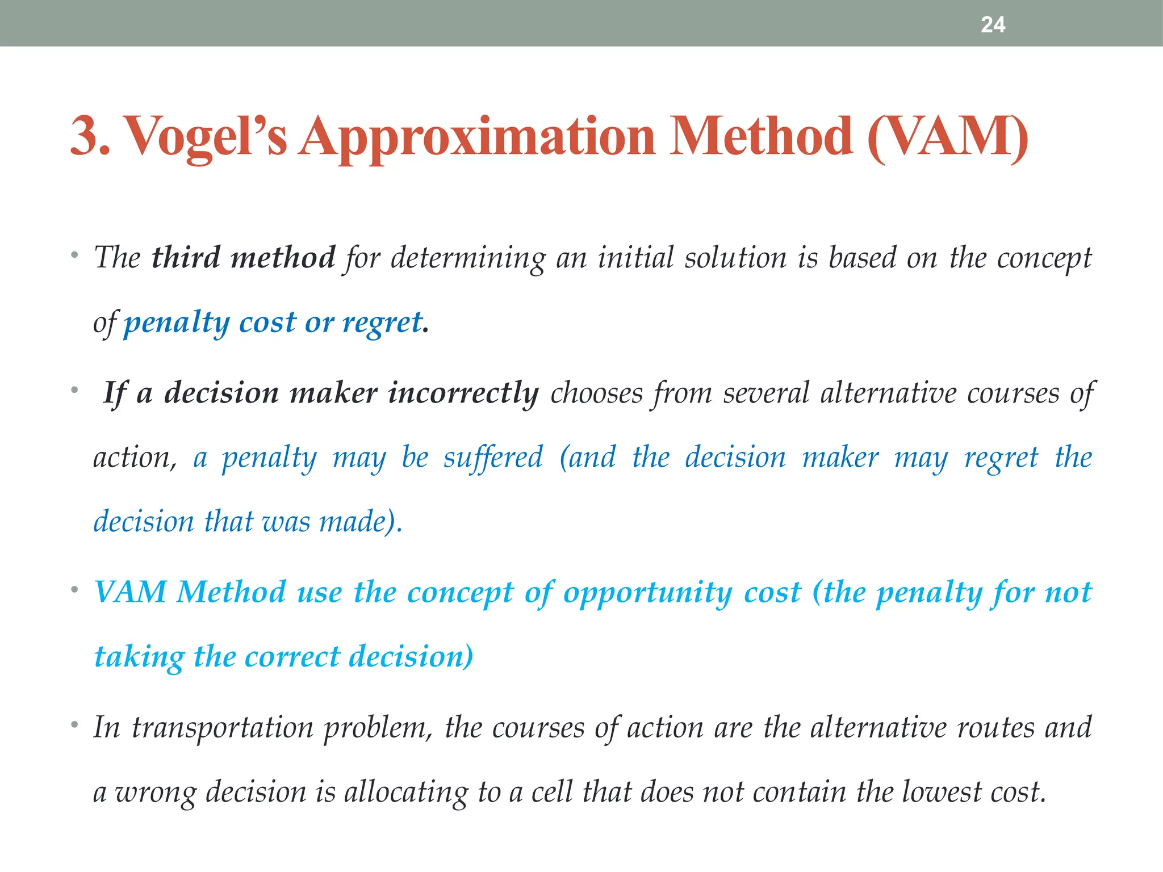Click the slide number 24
pos(993,24)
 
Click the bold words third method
pos(243,258)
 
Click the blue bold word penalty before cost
pos(177,322)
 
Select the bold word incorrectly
pos(463,393)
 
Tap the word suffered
pos(493,458)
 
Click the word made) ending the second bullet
pos(361,521)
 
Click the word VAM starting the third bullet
pos(131,592)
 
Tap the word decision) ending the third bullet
pos(411,657)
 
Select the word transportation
pos(223,728)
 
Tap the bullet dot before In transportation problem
pos(74,725)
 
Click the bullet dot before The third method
pos(74,255)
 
